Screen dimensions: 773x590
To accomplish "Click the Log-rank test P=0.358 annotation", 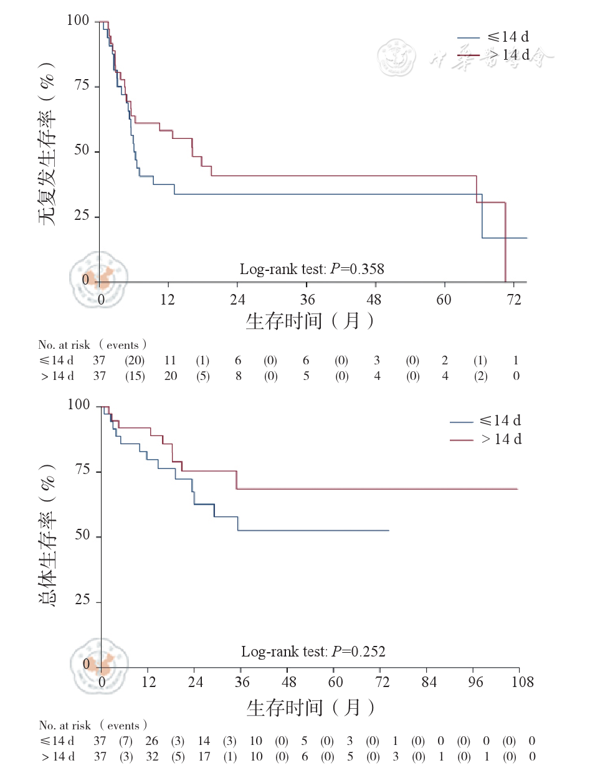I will [312, 269].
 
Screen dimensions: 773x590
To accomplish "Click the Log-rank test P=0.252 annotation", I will [313, 652].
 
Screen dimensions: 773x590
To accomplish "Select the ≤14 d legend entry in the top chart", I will [493, 37].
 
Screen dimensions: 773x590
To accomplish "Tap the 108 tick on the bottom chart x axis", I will [522, 682].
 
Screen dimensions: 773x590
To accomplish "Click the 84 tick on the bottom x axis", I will [429, 682].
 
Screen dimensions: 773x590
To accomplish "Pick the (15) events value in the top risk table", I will [134, 376].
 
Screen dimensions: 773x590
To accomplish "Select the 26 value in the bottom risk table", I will [151, 741].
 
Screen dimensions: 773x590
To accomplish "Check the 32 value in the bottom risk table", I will [151, 756].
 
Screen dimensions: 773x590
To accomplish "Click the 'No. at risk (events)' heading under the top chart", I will [93, 344].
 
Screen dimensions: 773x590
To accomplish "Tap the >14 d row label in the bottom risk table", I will [57, 756].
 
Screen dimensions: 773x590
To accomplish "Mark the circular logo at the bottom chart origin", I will [99, 666].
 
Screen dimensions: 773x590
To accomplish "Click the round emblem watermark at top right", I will [397, 57].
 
